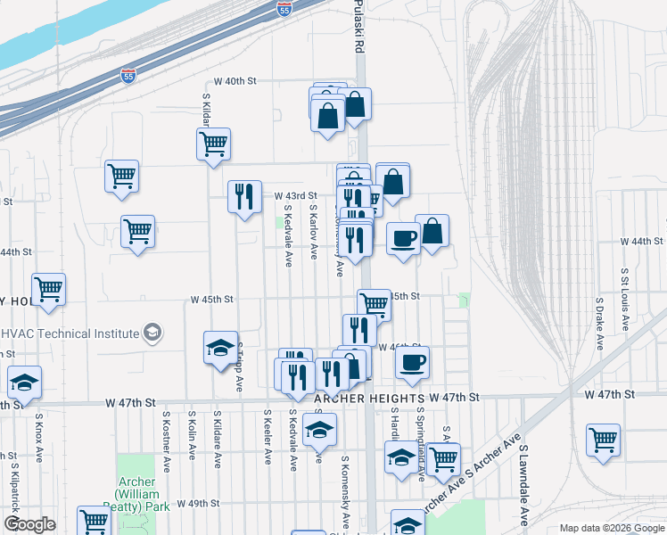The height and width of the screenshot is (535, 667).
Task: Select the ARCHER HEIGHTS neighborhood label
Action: (368, 398)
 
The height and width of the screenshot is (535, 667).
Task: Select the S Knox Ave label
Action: (39, 436)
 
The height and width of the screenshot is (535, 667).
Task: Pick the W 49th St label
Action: (199, 504)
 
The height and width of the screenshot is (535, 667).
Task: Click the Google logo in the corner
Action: (29, 524)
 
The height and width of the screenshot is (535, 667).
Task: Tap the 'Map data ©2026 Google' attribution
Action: (612, 528)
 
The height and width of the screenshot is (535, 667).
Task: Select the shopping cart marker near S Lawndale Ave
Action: (604, 439)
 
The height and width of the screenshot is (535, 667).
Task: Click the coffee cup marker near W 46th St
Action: (412, 362)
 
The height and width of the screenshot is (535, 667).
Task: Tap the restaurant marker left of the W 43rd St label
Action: (244, 196)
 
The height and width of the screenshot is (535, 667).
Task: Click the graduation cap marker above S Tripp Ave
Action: (221, 348)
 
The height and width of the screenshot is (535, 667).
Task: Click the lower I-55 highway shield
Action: (129, 76)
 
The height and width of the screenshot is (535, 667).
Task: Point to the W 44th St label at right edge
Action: (643, 242)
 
